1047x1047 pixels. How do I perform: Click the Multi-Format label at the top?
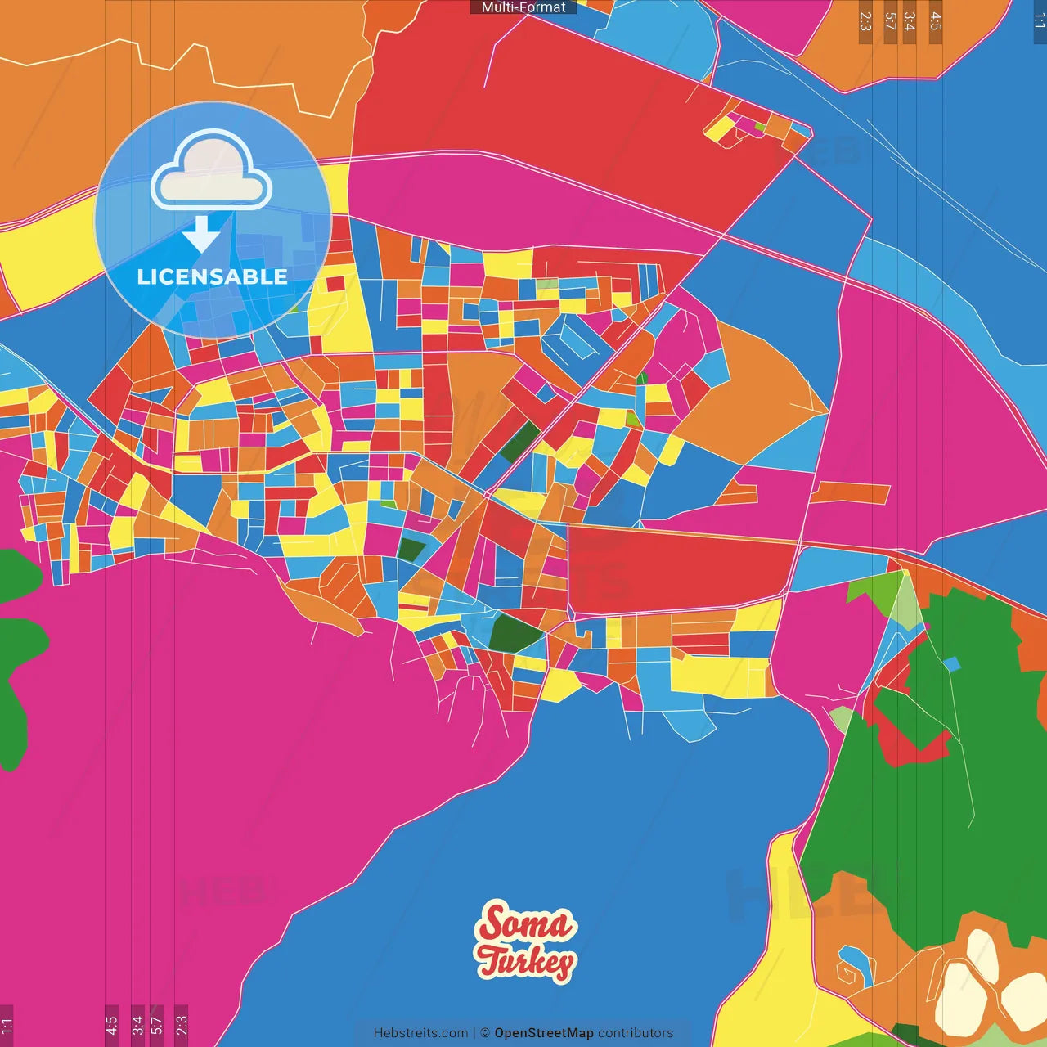[523, 7]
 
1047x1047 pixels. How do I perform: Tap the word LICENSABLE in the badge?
[212, 276]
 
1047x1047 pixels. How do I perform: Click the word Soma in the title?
[525, 923]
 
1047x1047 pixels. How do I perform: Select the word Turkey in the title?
[527, 962]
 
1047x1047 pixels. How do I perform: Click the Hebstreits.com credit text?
[420, 1033]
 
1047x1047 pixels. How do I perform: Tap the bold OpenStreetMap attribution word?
[544, 1033]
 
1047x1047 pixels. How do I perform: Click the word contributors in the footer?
[636, 1033]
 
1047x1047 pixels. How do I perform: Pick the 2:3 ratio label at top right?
[865, 21]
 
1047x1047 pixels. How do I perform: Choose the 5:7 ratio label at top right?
[890, 21]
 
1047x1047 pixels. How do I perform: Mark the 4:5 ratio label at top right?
[936, 21]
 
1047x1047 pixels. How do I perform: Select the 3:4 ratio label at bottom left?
[137, 1025]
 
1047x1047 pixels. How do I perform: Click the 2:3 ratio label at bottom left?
[181, 1025]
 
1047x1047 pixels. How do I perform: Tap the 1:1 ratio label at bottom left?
[7, 1025]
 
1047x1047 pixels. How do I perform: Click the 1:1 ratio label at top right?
[1039, 21]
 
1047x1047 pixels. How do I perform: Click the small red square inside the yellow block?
[335, 284]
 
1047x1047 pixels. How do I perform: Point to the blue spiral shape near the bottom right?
[856, 966]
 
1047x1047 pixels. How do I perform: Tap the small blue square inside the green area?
[951, 663]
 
